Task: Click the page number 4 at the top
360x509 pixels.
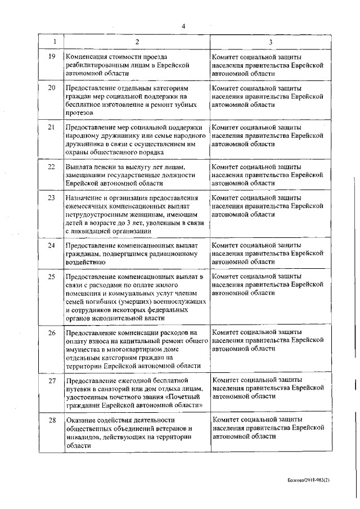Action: click(183, 25)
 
